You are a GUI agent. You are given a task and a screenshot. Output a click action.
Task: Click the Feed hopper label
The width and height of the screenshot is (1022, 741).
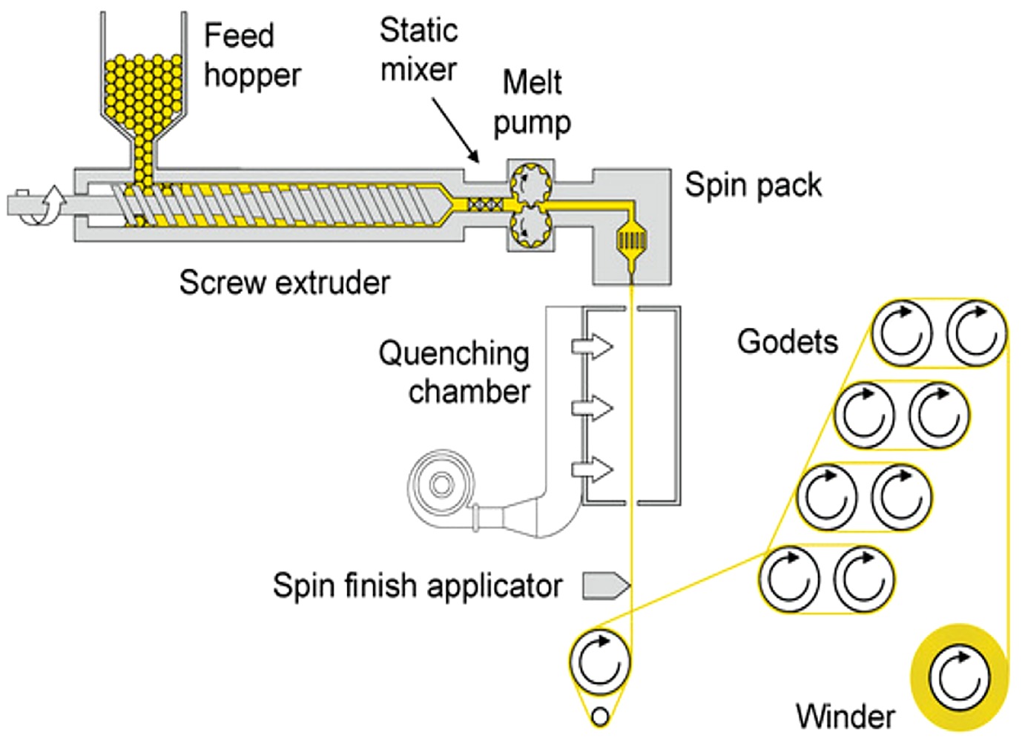pos(252,55)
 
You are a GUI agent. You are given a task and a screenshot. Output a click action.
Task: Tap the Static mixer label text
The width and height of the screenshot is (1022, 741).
pos(419,50)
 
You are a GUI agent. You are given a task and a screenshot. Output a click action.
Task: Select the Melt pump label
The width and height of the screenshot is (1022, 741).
pos(533,103)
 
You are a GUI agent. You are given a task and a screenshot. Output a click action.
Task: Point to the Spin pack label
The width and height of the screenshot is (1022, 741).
pos(754,185)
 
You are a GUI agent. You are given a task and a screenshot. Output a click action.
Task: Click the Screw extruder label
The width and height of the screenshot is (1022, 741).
pos(285,283)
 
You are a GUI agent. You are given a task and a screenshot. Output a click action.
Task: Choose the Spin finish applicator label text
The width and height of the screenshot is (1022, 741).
pos(418,585)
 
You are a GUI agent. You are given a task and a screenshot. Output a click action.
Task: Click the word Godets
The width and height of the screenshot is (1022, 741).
pos(788,342)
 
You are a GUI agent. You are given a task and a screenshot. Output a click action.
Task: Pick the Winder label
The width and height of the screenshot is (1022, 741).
pos(845,717)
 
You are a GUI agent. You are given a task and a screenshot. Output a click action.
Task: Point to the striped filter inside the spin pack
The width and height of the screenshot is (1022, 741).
pos(632,239)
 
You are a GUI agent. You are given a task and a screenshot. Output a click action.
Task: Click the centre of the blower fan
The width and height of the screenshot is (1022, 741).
pos(441,486)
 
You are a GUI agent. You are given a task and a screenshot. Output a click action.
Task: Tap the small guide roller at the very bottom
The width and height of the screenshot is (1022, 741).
pos(601,717)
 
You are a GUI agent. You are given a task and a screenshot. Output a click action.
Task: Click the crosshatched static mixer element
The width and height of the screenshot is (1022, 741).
pos(486,205)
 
